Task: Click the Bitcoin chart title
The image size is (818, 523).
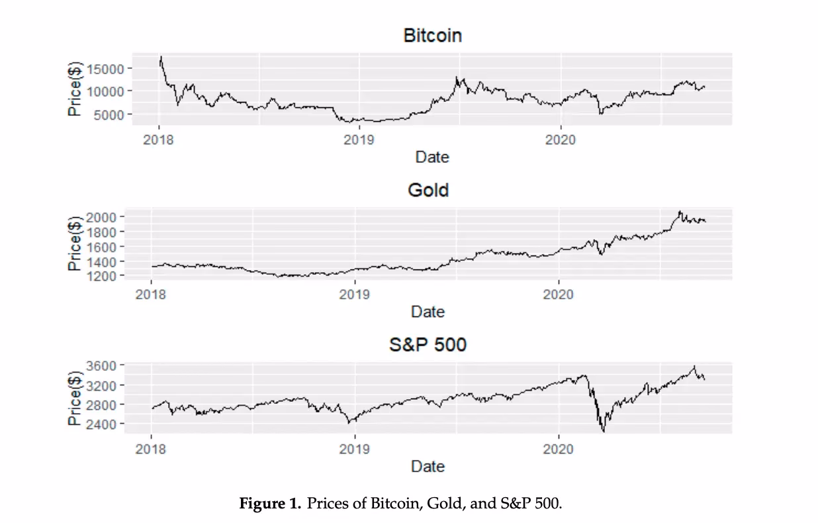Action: (x=432, y=36)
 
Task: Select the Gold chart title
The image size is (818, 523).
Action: (x=428, y=191)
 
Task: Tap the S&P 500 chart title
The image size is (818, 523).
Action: (x=428, y=345)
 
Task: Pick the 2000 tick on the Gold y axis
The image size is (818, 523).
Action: (x=101, y=217)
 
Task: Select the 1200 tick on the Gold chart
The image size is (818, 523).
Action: (x=101, y=275)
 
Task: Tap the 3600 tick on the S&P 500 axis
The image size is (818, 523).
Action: (x=101, y=365)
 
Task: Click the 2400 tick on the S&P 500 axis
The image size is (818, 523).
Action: (x=101, y=424)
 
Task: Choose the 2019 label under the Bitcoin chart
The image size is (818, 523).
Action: (x=359, y=140)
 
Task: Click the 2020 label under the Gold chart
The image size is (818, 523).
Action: (x=558, y=295)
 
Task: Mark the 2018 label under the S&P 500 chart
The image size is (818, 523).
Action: (x=151, y=449)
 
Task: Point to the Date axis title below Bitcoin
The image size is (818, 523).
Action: (x=432, y=157)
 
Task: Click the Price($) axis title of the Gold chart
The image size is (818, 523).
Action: (x=75, y=243)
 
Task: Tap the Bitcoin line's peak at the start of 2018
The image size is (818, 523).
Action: (x=161, y=57)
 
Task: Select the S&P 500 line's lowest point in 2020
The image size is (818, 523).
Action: (x=603, y=431)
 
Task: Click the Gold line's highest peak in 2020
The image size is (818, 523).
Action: (x=679, y=212)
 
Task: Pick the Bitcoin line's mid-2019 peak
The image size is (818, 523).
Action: (x=456, y=77)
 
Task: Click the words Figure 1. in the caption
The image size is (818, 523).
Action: (x=269, y=504)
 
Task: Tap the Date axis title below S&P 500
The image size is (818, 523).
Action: (x=428, y=466)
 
